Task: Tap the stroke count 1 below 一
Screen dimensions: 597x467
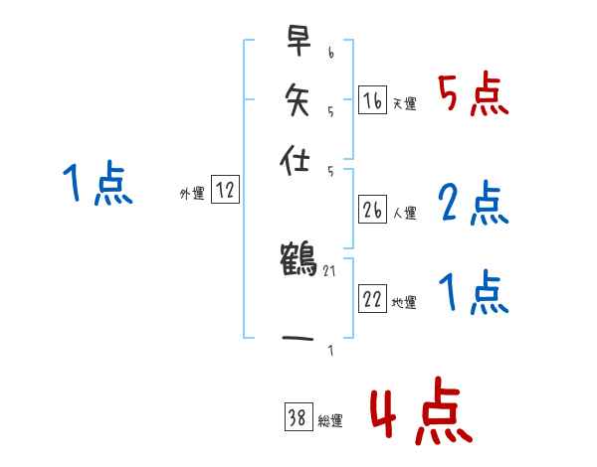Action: coord(329,351)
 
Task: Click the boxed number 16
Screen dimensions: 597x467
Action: coord(372,100)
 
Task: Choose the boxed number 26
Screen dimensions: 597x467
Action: coord(372,210)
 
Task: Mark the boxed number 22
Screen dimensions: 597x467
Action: coord(372,300)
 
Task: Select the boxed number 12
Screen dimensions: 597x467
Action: coord(225,191)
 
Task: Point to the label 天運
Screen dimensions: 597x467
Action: coord(404,103)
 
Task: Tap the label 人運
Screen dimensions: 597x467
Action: coord(404,213)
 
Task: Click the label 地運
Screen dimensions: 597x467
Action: coord(404,303)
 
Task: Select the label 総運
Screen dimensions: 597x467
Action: coord(330,421)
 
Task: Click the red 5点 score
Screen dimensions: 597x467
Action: coord(474,96)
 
